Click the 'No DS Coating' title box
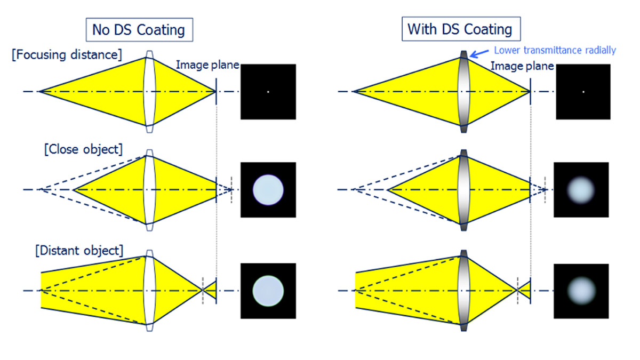click(139, 29)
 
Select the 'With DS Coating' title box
click(460, 29)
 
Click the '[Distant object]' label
click(78, 250)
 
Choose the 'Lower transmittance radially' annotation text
click(555, 51)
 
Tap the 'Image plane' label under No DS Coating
click(207, 66)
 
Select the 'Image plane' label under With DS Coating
click(522, 66)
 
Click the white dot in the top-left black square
click(268, 92)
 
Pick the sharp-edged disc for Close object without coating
click(268, 189)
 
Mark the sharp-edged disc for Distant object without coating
click(268, 291)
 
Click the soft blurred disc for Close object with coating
click(581, 189)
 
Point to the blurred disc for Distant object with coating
click(581, 291)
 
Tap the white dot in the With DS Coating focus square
click(583, 92)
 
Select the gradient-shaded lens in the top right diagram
click(463, 92)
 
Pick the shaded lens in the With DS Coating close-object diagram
click(463, 189)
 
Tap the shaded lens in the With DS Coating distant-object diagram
click(463, 291)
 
